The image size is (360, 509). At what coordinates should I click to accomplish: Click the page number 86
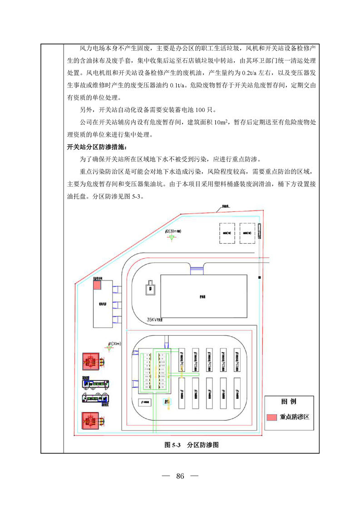[x=180, y=476]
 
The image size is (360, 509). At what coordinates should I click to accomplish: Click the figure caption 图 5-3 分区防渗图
[x=192, y=445]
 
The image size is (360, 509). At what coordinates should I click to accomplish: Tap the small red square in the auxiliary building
[x=96, y=284]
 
